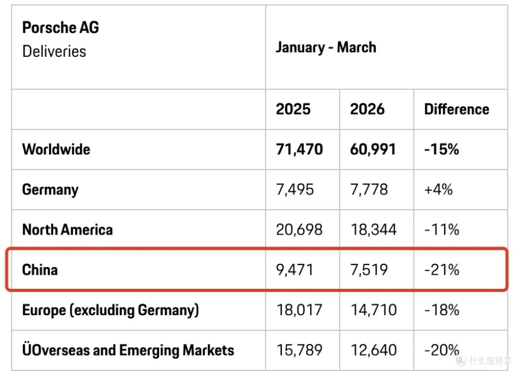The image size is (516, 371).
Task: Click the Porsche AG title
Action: coord(61,28)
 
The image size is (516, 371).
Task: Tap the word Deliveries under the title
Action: coord(54,52)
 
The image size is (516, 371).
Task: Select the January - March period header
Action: coord(326,47)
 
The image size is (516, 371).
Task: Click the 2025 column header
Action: coord(293,109)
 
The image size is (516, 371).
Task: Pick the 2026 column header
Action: coord(367,109)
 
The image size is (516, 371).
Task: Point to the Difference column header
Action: coord(457,109)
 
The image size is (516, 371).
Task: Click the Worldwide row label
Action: coord(56,149)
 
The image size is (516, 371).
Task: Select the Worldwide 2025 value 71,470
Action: coord(300,149)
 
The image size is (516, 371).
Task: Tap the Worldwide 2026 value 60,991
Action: coord(373,149)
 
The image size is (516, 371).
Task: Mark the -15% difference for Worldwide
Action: coord(441,149)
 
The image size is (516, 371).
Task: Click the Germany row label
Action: coord(50,190)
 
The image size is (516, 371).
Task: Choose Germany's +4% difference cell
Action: coord(438,190)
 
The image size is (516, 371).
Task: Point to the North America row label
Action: coord(67,230)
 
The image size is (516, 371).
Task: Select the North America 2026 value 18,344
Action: coord(374,230)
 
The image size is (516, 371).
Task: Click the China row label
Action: coord(40,270)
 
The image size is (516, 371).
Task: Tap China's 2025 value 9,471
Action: coord(294,270)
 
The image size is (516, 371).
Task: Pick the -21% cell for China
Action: coord(441,270)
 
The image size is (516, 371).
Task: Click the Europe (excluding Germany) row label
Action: coord(110,310)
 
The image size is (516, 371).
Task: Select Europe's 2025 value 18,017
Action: coord(299,310)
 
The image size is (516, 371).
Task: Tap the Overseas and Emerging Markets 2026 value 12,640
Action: coord(374,350)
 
